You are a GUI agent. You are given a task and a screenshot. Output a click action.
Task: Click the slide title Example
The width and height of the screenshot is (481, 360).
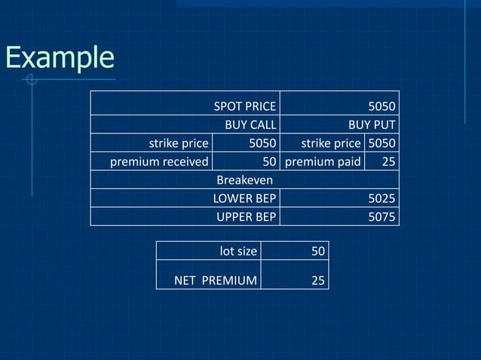pos(60,58)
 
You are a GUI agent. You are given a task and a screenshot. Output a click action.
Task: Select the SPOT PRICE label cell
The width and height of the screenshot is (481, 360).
pos(244,105)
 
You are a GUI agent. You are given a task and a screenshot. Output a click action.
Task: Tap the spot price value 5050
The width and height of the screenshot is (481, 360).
pos(381,105)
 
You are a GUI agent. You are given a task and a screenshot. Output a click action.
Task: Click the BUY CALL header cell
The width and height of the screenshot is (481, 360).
pos(250,124)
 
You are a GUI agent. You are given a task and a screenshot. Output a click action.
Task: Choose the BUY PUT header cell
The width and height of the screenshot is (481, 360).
pos(371,124)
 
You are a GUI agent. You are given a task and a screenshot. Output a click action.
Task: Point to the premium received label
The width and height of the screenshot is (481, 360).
pos(159,161)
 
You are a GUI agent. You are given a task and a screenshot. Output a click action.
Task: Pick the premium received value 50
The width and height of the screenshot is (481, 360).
pos(268,161)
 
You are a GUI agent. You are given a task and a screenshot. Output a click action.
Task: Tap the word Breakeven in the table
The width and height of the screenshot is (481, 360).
pos(244,180)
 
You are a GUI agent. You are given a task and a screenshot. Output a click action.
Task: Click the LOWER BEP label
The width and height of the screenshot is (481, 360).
pos(244,199)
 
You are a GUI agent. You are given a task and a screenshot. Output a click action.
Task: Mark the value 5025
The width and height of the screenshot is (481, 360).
pos(381,199)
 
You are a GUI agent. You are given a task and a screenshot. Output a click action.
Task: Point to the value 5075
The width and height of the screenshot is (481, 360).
pos(381,217)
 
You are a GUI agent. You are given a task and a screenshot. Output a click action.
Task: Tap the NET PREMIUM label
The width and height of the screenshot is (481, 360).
pos(216,280)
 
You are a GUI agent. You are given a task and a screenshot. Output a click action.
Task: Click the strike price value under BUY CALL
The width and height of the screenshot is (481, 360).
pos(262,143)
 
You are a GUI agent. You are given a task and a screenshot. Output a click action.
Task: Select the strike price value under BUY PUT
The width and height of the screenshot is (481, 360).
pos(381,143)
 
